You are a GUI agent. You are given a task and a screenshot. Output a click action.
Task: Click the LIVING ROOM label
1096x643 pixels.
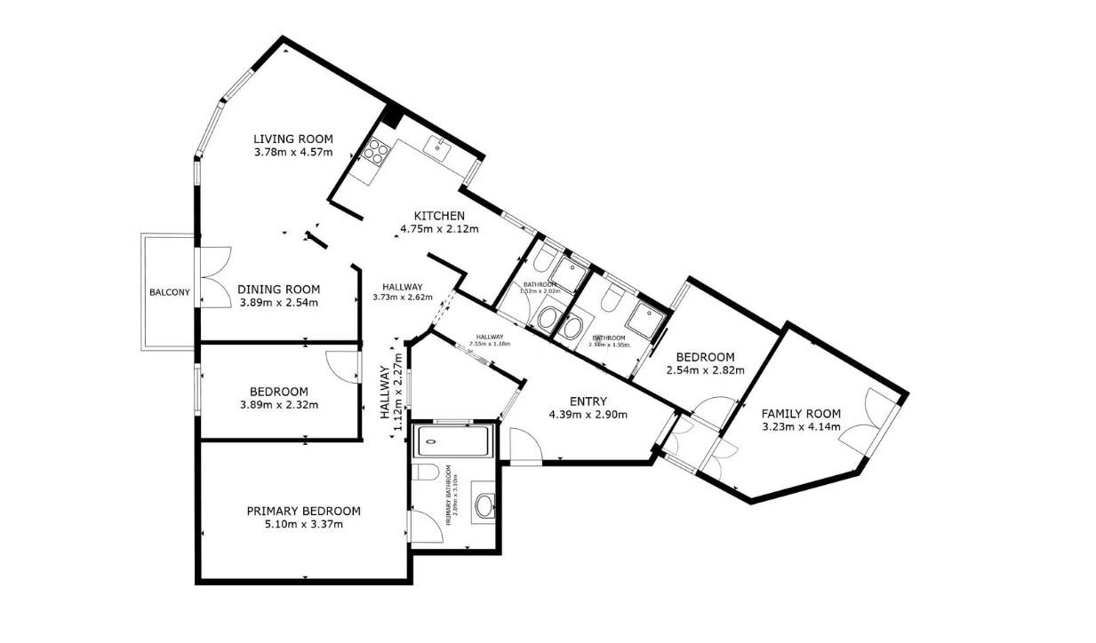click(292, 139)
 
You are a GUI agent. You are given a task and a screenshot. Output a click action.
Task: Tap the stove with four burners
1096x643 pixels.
click(374, 151)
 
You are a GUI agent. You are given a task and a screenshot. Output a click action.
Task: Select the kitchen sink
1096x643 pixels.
click(438, 144)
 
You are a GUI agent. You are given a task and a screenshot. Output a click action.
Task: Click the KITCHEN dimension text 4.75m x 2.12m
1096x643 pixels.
click(439, 229)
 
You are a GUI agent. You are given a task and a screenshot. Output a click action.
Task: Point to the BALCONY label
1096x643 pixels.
click(169, 292)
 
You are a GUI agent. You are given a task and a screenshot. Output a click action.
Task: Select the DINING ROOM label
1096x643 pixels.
click(278, 290)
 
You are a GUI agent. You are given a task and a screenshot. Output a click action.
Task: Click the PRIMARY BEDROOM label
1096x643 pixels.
click(303, 511)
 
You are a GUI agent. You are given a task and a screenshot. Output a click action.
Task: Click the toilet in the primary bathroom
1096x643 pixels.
click(425, 472)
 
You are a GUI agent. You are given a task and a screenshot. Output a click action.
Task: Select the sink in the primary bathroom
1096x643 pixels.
click(484, 505)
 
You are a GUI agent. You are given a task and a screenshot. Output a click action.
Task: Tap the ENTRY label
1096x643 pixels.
click(588, 401)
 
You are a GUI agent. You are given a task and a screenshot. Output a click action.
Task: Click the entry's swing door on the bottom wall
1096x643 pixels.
click(524, 444)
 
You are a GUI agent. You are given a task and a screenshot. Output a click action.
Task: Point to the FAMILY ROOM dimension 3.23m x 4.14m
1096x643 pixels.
click(801, 426)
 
